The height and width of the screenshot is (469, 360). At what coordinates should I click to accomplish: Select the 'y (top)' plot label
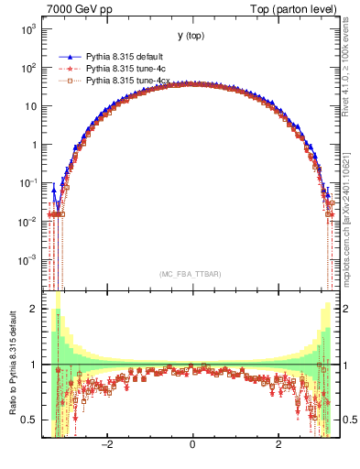pyautogui.click(x=191, y=36)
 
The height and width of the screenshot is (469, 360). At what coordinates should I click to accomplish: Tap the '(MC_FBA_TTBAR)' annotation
pyautogui.click(x=191, y=273)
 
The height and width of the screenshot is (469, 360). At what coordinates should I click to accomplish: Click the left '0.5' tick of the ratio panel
pyautogui.click(x=28, y=420)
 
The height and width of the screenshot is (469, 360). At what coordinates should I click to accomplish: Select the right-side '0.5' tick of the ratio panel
pyautogui.click(x=350, y=420)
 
